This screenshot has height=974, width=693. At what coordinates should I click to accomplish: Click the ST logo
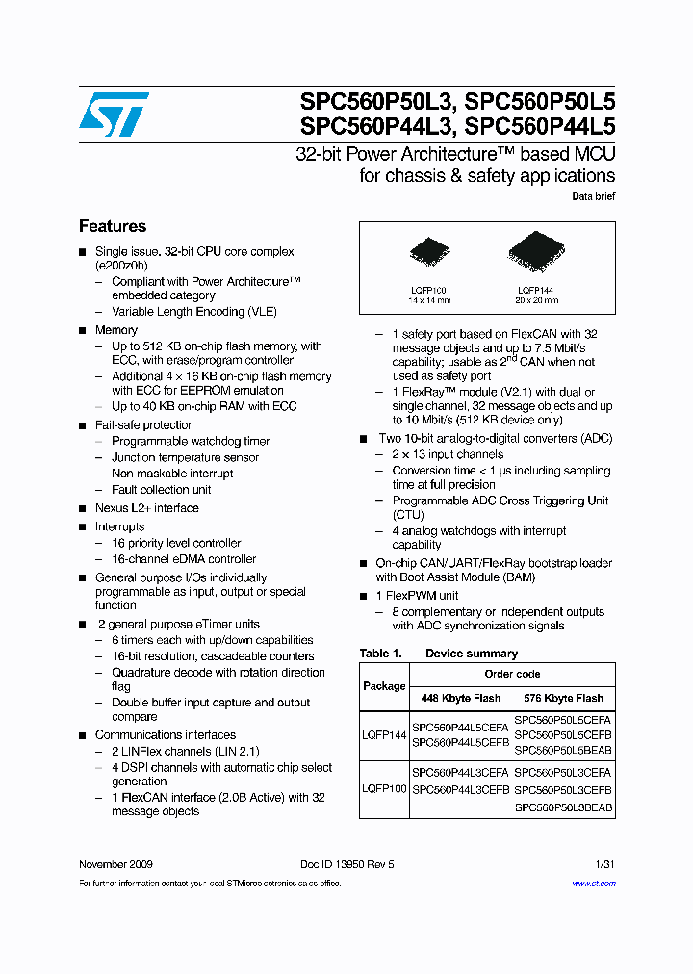(114, 115)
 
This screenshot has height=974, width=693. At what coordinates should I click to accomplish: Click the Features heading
(113, 227)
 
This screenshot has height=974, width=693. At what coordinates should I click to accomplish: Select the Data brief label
(593, 196)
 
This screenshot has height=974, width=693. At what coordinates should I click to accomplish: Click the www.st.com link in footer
(593, 884)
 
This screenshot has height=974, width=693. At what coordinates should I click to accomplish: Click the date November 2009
(115, 864)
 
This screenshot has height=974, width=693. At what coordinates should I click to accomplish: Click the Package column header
(384, 686)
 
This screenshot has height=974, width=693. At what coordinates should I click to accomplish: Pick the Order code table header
(512, 674)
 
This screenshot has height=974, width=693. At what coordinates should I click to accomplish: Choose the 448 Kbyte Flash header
(460, 698)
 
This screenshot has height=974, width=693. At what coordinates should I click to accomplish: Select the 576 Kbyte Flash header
(563, 698)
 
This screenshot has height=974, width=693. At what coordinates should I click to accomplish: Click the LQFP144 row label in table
(384, 735)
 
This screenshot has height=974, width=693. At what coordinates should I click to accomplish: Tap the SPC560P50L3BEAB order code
(563, 808)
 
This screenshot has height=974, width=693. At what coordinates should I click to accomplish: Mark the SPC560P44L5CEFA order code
(460, 728)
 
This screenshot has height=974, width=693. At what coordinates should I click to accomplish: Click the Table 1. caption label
(375, 654)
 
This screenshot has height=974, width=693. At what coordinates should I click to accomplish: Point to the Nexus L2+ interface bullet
(146, 508)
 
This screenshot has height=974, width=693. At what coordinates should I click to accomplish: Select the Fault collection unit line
(161, 490)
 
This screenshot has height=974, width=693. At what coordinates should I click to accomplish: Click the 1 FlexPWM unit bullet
(417, 596)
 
